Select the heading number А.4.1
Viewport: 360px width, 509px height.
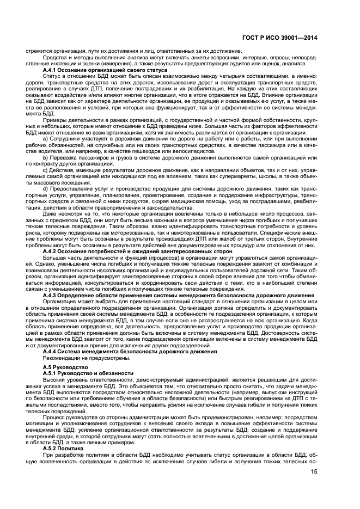click(x=52, y=70)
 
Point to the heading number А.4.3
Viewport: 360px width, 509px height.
click(x=52, y=295)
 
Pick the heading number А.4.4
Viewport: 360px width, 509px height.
click(x=52, y=351)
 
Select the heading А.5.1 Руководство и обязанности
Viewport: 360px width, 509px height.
click(x=88, y=373)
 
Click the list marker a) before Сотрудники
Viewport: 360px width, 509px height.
click(x=45, y=138)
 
